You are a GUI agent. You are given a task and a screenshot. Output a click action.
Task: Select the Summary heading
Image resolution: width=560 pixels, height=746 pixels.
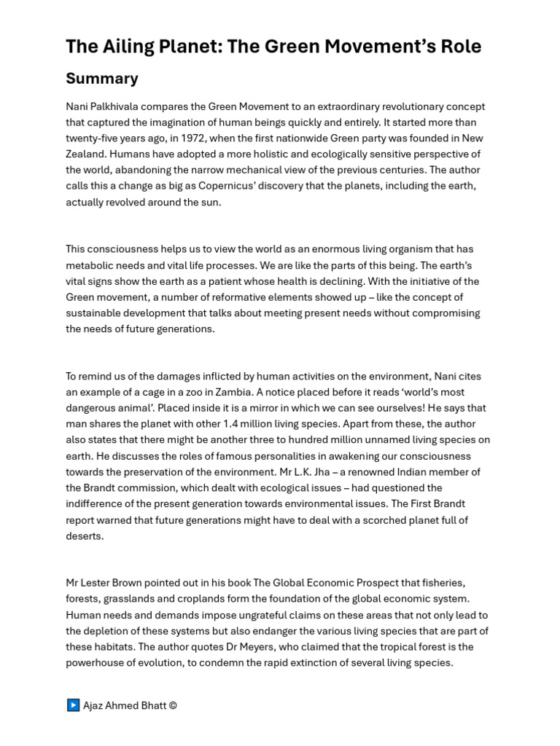tap(102, 79)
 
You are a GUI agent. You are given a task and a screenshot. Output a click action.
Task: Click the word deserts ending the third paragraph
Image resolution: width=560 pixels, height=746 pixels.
tap(84, 536)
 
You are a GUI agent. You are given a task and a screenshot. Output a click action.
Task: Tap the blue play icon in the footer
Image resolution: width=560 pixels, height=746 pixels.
tap(73, 705)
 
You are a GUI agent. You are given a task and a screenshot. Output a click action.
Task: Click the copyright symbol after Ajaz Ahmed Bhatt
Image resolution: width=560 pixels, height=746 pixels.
tap(172, 705)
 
